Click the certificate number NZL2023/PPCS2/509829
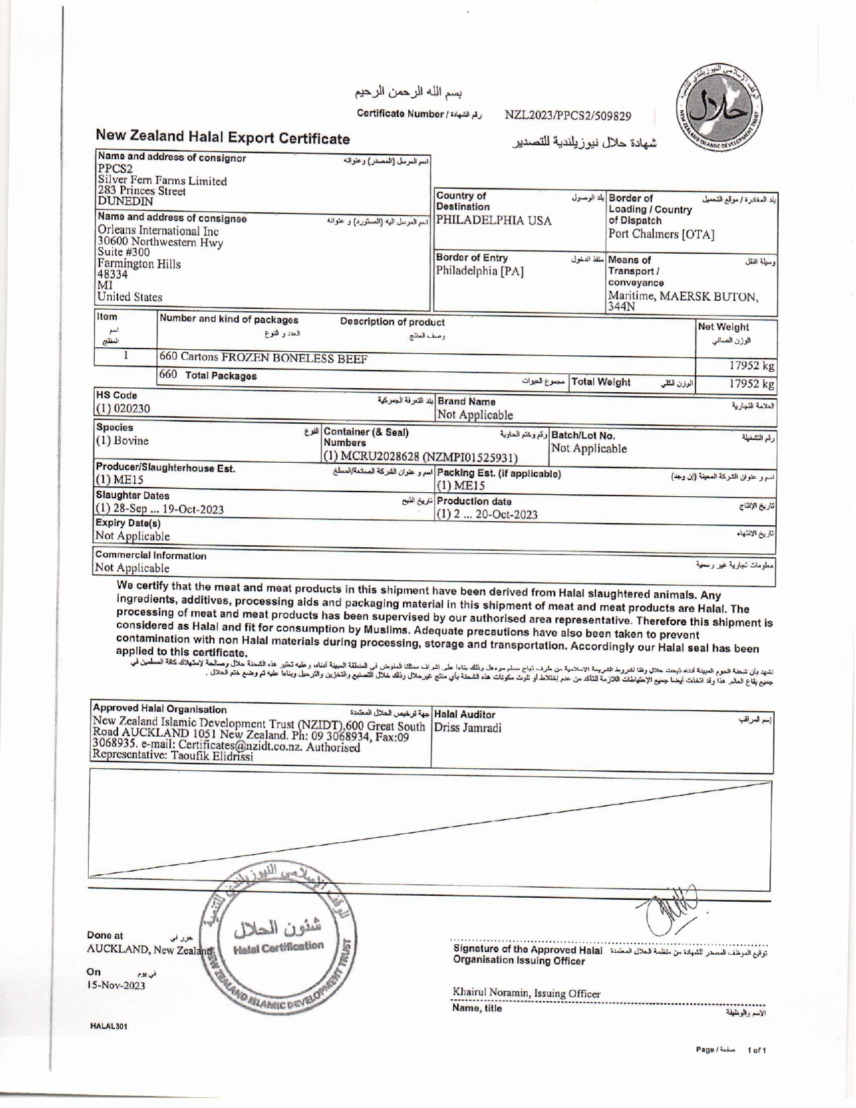[567, 116]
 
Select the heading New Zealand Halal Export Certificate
[222, 138]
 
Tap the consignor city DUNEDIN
[126, 201]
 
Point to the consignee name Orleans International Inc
[158, 231]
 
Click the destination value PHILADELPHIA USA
[494, 221]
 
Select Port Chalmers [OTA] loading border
[661, 234]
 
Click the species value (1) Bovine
[123, 441]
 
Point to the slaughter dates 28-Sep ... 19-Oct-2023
[160, 509]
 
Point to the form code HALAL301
[108, 1026]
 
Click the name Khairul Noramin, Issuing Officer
[526, 993]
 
